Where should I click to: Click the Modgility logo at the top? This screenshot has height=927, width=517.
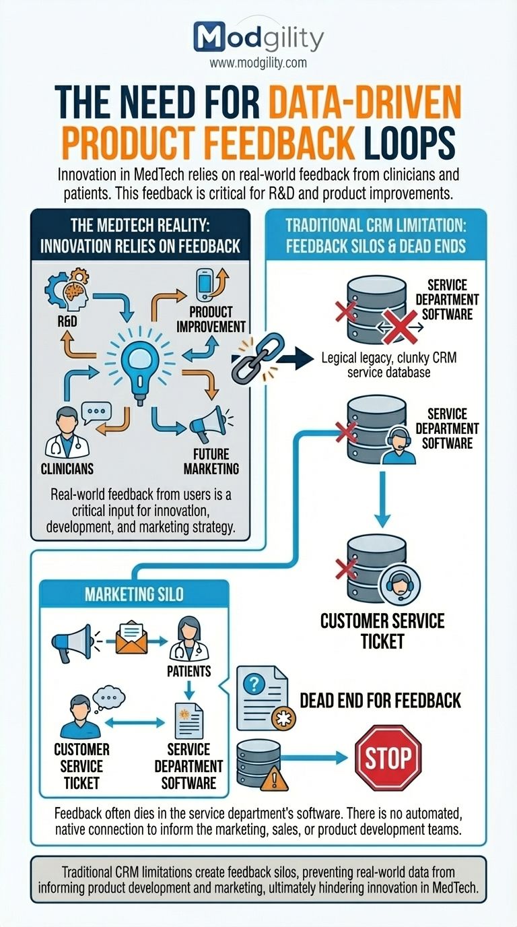point(258,36)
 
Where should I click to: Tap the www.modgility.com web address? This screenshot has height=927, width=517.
point(258,63)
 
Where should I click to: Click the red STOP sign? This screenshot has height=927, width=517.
point(388,759)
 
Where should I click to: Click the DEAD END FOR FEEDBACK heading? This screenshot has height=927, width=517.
point(380,701)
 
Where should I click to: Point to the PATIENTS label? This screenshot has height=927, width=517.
point(189,671)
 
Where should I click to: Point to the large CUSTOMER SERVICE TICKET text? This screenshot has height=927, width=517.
point(382,630)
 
